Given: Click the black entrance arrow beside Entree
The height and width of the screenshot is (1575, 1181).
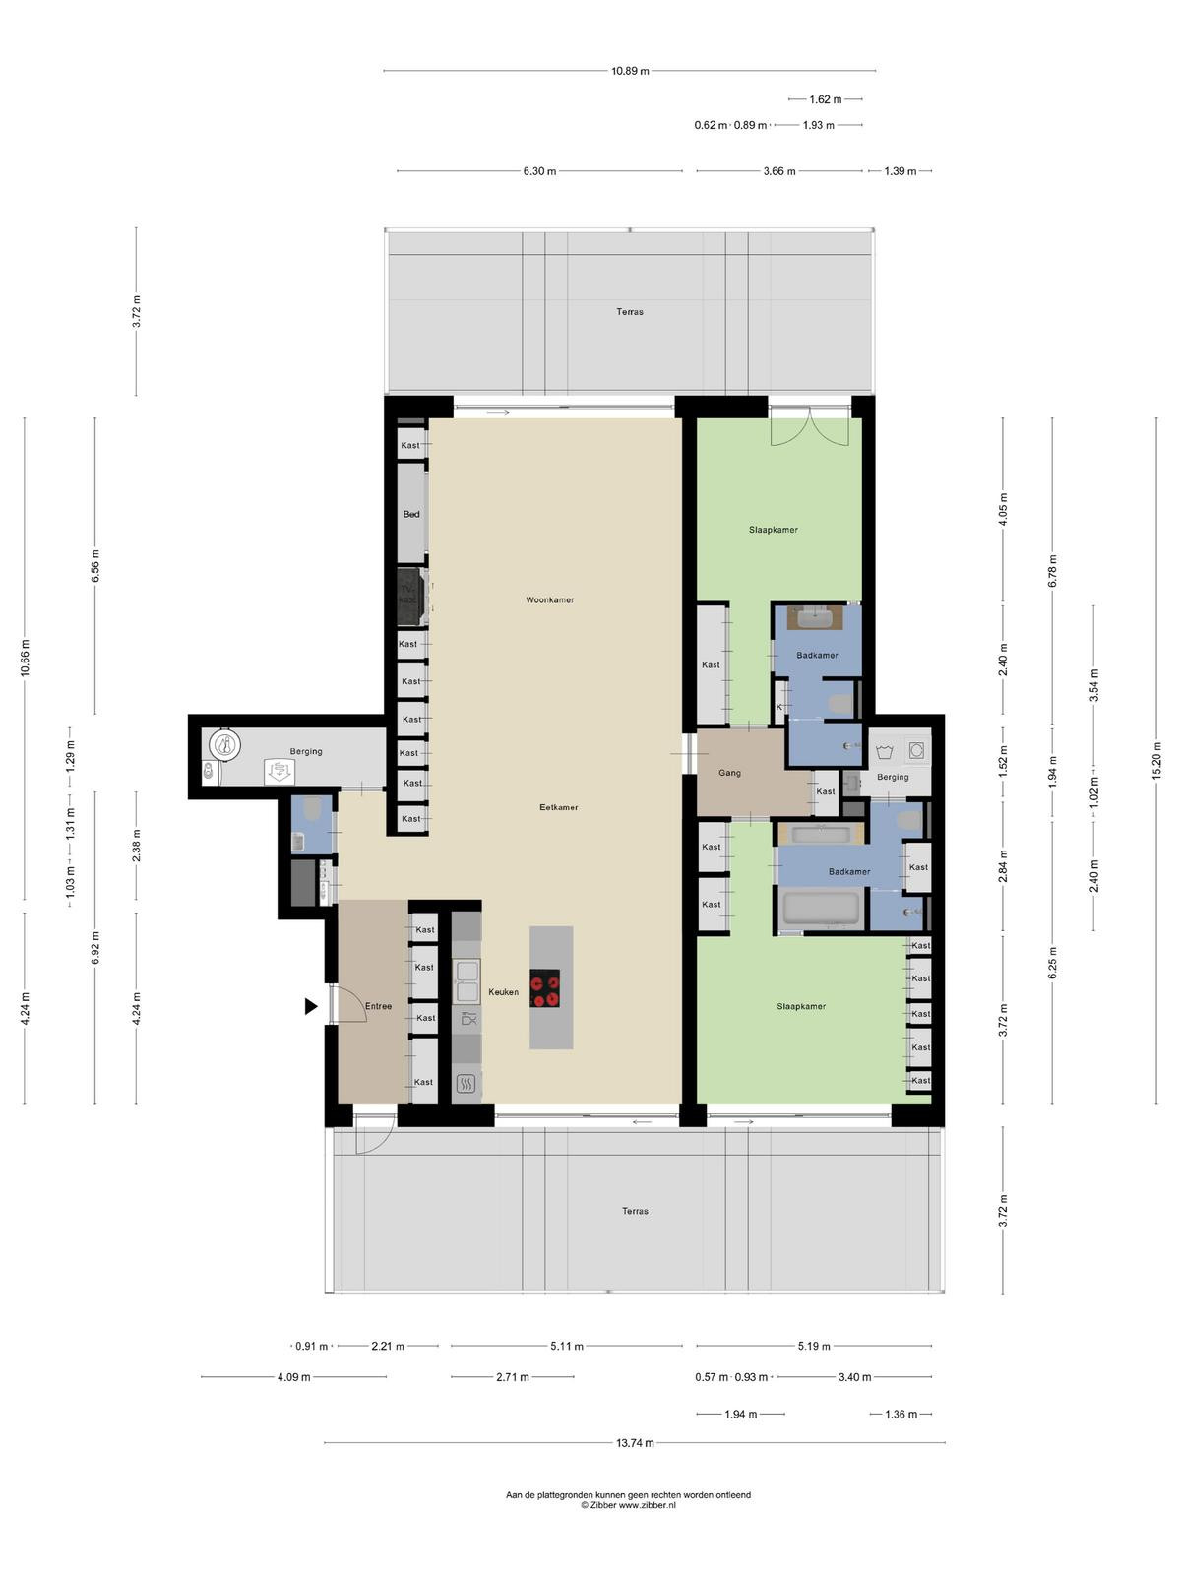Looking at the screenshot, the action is [310, 1006].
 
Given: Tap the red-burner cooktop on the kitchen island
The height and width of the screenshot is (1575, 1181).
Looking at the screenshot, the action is [544, 987].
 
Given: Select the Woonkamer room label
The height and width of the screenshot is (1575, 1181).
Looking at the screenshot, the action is [549, 599].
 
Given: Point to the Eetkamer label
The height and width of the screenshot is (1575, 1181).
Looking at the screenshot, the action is [559, 807].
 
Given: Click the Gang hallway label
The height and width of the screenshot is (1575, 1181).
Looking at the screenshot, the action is [729, 773].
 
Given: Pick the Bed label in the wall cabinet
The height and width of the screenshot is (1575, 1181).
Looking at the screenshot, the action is [410, 514].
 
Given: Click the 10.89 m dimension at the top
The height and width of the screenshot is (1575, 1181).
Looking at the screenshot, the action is [630, 71].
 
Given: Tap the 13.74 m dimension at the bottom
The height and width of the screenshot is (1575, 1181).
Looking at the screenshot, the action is [635, 1443].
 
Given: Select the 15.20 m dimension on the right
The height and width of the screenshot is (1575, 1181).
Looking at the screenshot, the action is [1155, 761].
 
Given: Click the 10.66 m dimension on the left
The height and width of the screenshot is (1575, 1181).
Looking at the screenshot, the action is [26, 658].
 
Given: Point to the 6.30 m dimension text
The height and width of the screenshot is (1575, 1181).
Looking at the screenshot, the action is [539, 171].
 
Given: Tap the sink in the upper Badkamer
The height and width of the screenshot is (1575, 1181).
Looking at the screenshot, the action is [817, 618].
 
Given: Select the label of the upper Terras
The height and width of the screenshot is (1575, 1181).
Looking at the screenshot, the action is [630, 311].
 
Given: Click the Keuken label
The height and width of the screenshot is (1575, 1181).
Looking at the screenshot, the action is [503, 991].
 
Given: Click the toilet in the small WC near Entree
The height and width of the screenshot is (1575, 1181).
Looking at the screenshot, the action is [312, 809].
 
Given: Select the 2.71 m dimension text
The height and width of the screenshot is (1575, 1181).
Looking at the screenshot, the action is [512, 1377].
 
